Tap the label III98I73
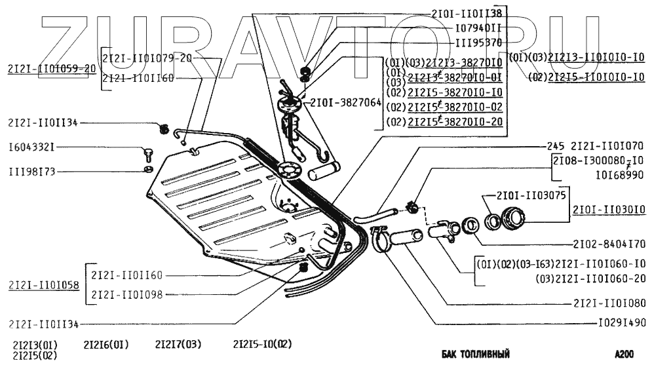[32, 172]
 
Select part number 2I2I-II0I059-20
[52, 68]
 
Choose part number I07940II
[478, 28]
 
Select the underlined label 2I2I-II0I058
[43, 285]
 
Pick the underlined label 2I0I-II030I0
[609, 210]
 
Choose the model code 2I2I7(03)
[178, 343]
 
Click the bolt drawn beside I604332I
[147, 155]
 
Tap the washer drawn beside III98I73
[149, 171]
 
